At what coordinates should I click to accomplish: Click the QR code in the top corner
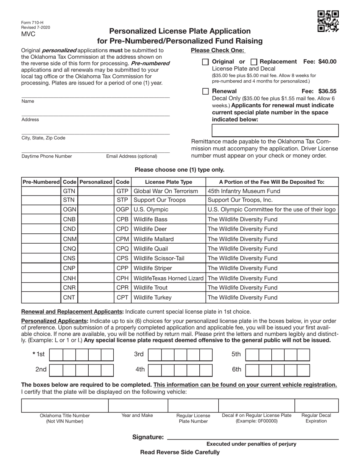click(x=328, y=21)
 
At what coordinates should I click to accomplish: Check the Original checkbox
click(x=205, y=62)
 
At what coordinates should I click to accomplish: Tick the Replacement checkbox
click(x=255, y=62)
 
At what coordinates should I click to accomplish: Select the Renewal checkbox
click(x=205, y=91)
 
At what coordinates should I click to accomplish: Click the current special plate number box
click(x=275, y=130)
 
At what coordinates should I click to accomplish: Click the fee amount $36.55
click(x=327, y=91)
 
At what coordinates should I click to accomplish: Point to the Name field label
click(x=28, y=101)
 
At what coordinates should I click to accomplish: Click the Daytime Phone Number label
click(x=47, y=156)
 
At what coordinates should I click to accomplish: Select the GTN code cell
click(x=69, y=191)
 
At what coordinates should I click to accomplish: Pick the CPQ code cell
click(x=122, y=249)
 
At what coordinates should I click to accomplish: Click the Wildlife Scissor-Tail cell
click(x=168, y=258)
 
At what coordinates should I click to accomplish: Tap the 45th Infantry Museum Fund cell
click(x=272, y=191)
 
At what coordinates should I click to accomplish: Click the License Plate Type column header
click(x=168, y=182)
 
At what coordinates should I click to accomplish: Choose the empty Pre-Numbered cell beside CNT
click(x=41, y=297)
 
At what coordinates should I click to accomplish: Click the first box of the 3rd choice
click(x=154, y=355)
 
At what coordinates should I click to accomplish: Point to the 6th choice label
click(x=236, y=369)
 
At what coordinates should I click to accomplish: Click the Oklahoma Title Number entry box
click(x=65, y=405)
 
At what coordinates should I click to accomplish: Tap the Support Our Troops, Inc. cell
click(x=272, y=200)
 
